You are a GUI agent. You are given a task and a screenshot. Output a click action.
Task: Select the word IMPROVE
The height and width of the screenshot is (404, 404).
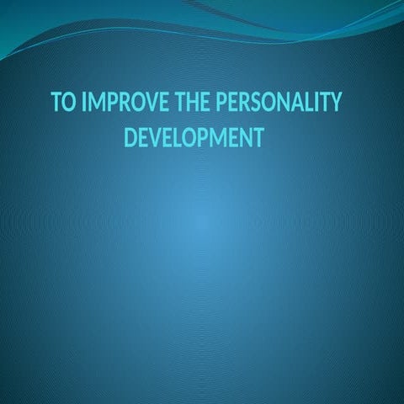(x=126, y=102)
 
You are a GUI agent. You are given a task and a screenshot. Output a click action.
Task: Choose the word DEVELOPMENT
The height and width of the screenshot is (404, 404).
(x=194, y=138)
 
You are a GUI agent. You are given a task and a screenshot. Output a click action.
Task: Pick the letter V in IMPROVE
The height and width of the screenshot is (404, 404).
(x=152, y=102)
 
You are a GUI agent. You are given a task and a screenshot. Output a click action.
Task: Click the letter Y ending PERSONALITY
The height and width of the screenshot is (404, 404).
(x=335, y=102)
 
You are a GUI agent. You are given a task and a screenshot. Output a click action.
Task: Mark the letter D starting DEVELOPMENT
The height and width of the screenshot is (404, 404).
(x=130, y=138)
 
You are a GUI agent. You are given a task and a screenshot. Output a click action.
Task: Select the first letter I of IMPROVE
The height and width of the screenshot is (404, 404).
(x=83, y=102)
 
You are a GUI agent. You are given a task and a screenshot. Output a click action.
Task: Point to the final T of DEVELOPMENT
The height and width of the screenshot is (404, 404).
(x=258, y=138)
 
